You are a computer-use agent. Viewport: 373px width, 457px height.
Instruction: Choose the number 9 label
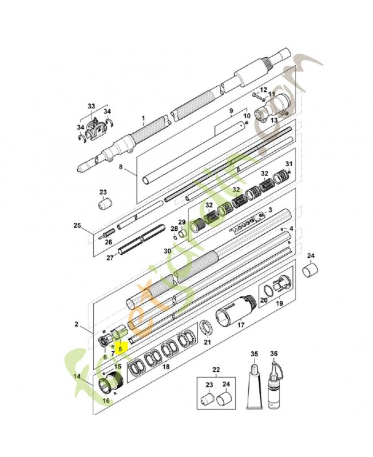coord(231,110)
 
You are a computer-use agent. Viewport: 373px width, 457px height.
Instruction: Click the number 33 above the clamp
coord(92,106)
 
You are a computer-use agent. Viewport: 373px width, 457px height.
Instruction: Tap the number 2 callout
coord(76,324)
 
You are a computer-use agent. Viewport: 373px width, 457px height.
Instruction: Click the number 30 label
coord(168,251)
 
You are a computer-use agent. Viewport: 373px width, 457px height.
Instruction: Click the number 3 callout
coord(270,210)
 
